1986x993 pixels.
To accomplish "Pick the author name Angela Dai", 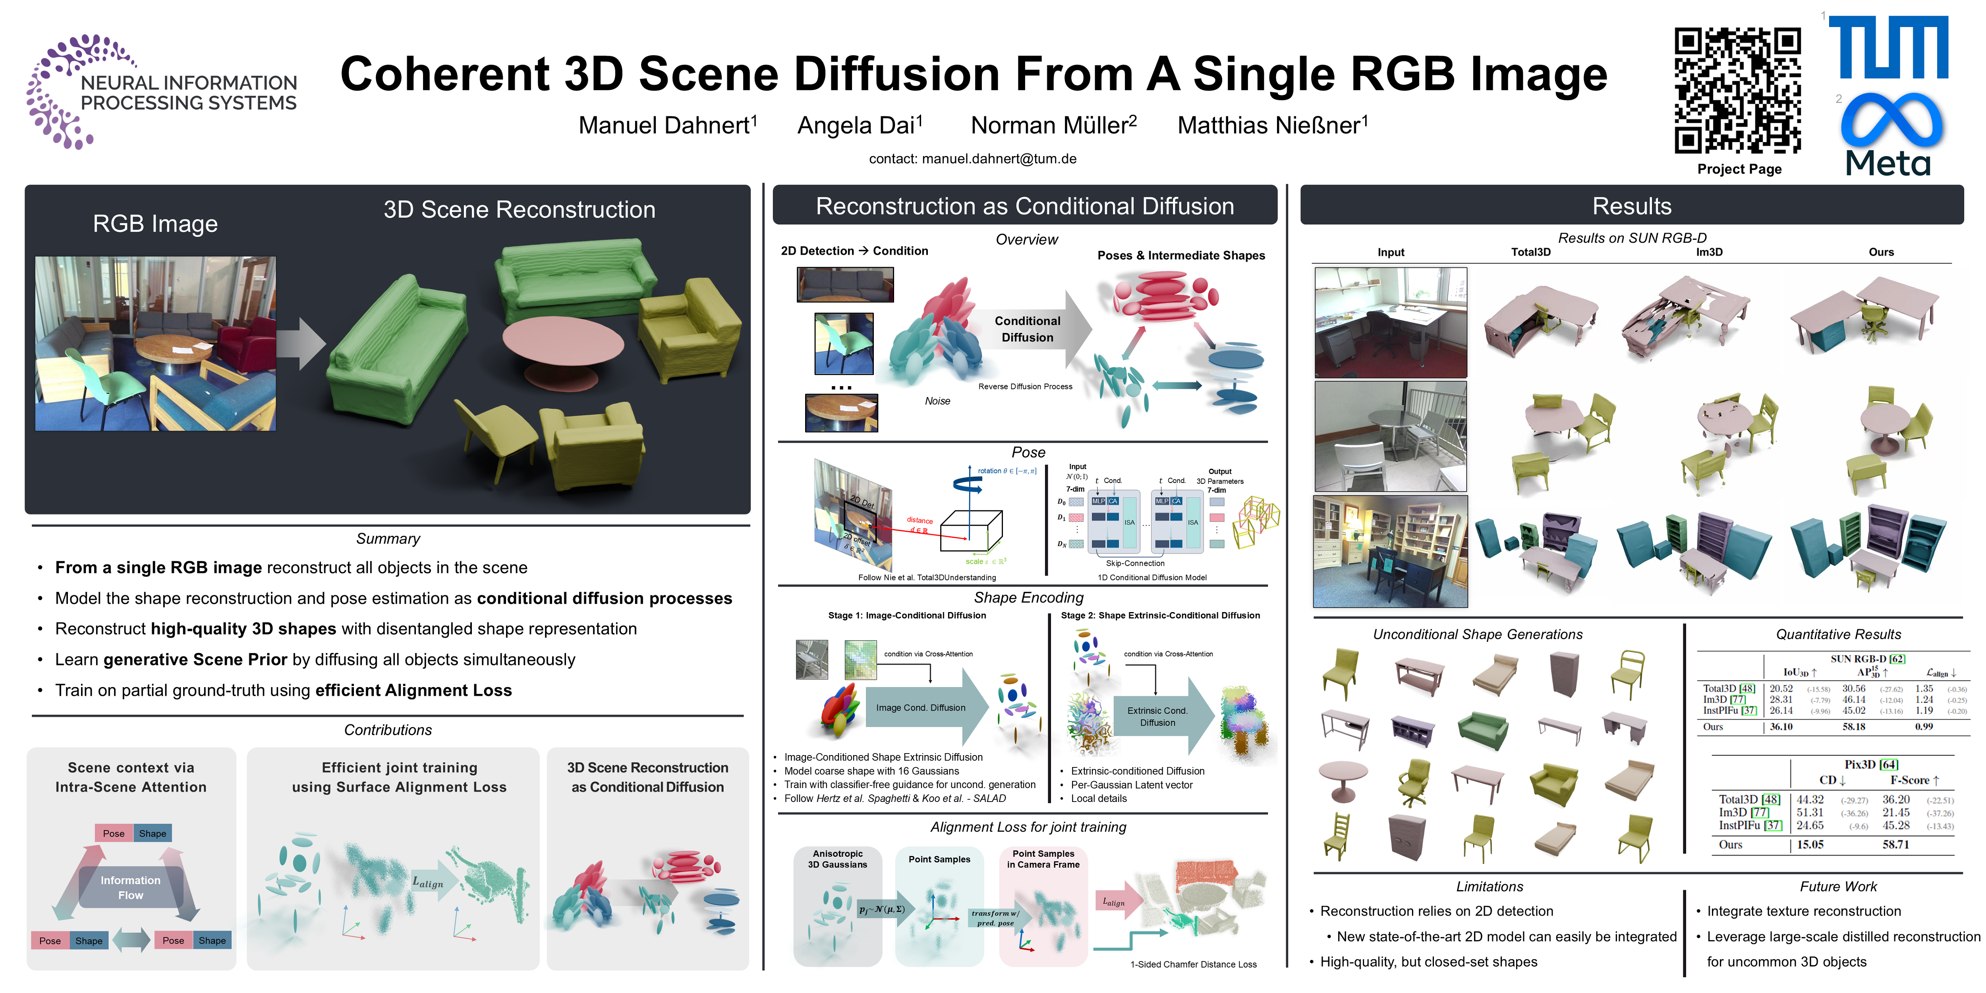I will click(x=859, y=125).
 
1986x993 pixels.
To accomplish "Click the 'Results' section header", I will click(x=1631, y=206).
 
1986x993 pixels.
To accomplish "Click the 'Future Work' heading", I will click(x=1838, y=887).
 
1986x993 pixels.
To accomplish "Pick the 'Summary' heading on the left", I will click(x=388, y=539).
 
